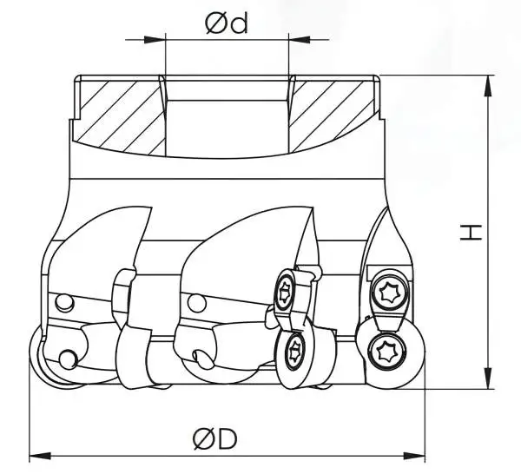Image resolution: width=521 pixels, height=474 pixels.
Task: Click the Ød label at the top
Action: click(x=228, y=23)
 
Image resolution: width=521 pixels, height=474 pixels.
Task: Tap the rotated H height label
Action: click(x=472, y=232)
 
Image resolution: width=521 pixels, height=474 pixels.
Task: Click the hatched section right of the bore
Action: click(x=334, y=113)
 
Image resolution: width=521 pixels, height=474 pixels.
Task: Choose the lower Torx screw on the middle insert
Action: click(x=293, y=351)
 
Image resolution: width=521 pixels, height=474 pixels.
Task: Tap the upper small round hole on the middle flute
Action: click(x=197, y=302)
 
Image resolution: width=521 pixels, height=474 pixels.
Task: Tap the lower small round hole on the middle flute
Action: click(x=201, y=357)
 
